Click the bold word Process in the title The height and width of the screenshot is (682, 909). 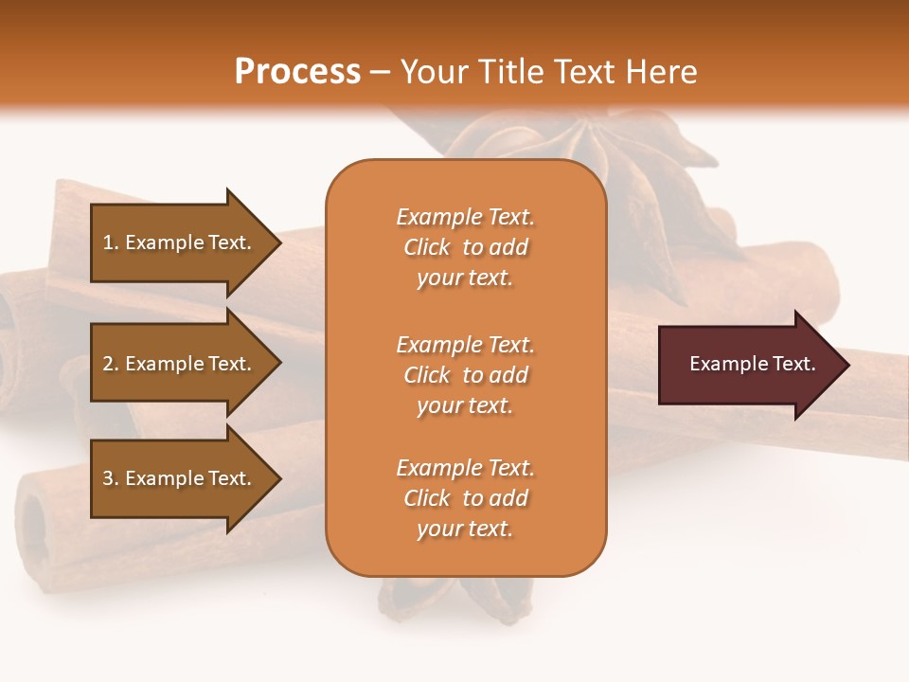tap(297, 71)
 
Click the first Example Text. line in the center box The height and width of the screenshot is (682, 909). tap(465, 217)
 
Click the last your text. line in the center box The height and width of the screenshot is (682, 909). tap(465, 529)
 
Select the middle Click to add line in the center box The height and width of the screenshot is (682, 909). tap(465, 375)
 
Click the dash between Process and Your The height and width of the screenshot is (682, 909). tap(380, 72)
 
